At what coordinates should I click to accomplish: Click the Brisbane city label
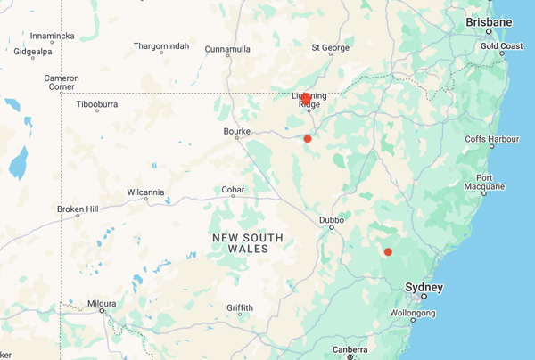point(490,21)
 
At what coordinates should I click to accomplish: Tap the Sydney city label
point(424,287)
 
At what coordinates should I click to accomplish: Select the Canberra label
point(350,349)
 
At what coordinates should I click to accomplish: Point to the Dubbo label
point(332,218)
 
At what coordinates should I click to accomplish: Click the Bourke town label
point(236,131)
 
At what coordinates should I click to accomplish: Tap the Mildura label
point(102,304)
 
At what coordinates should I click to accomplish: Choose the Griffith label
point(239,307)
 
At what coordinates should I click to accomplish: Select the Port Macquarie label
point(490,182)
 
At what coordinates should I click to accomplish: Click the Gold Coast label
point(501,45)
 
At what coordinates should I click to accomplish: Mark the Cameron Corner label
point(62,83)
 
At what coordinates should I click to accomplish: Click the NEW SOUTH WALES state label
point(248,242)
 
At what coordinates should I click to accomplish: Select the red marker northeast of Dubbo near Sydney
point(388,252)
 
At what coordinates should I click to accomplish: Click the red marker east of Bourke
point(308,138)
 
